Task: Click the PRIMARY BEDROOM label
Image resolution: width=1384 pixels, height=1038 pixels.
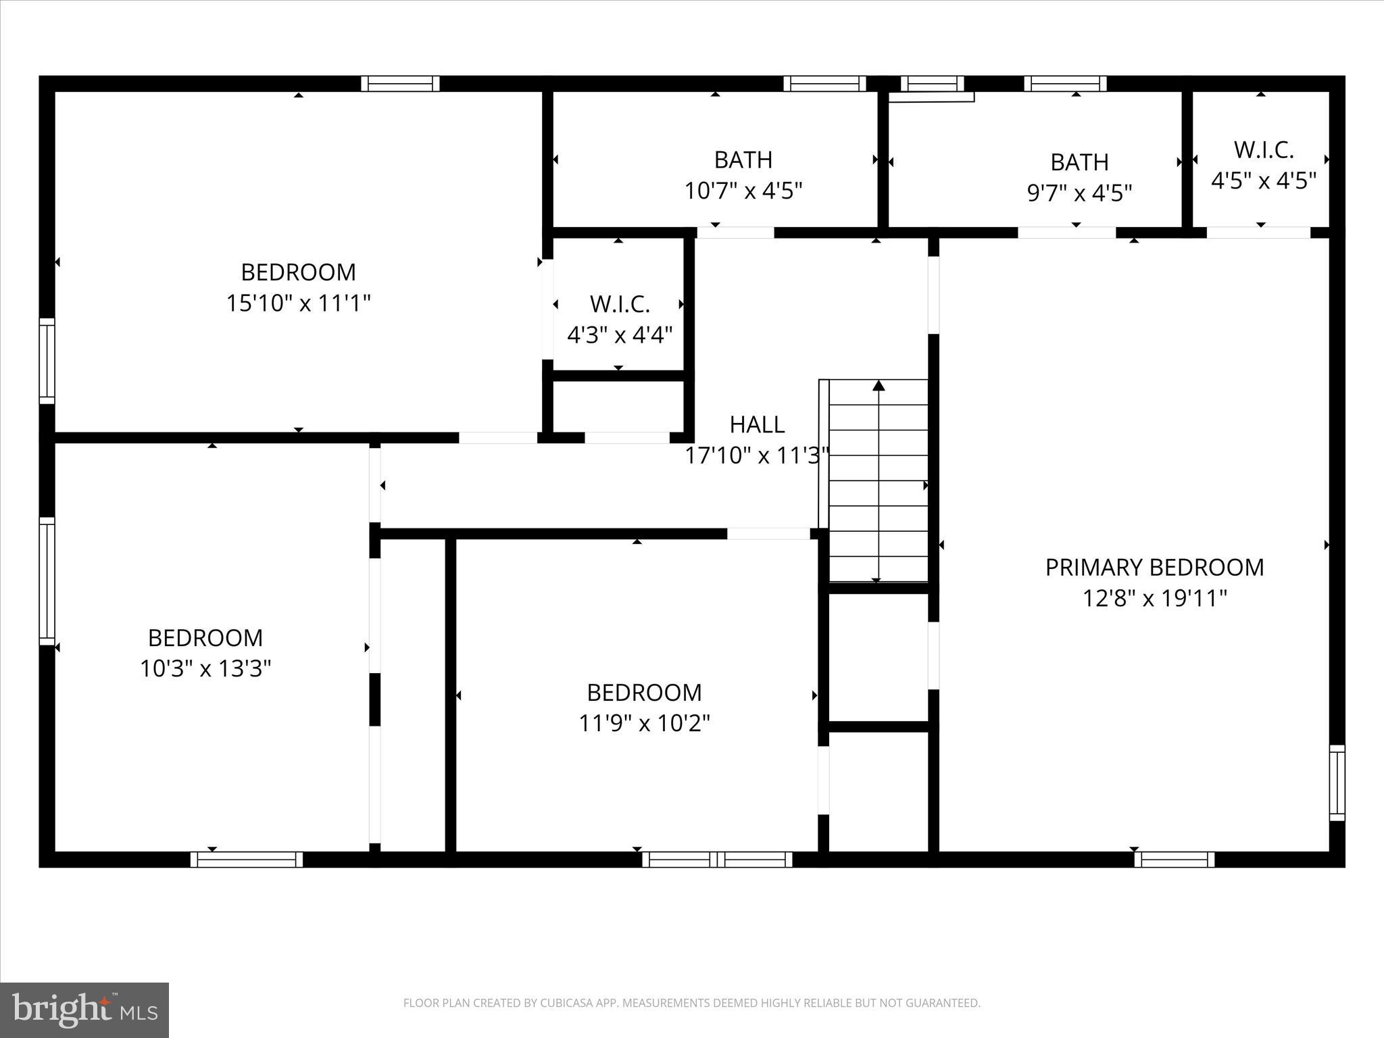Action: click(x=1154, y=567)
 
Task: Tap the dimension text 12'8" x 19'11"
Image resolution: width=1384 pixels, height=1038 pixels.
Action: click(x=1154, y=598)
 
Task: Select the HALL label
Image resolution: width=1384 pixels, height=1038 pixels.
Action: click(x=757, y=424)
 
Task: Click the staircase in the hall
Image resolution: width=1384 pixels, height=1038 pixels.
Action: click(x=879, y=481)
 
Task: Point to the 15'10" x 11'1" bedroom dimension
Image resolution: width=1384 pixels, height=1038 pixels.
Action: click(x=298, y=303)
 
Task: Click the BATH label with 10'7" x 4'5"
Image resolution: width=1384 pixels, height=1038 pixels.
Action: click(x=743, y=160)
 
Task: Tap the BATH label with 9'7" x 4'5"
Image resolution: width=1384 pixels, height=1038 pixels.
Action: click(x=1079, y=162)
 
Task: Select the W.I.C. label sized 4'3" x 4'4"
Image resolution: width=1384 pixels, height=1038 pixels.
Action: click(x=620, y=304)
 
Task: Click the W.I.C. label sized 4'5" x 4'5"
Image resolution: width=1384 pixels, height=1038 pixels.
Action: click(x=1263, y=150)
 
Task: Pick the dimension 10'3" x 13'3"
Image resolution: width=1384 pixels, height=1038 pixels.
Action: click(x=205, y=669)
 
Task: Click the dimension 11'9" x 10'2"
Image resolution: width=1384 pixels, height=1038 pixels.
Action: click(x=644, y=724)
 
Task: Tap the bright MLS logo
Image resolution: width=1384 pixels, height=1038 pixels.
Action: click(x=84, y=1010)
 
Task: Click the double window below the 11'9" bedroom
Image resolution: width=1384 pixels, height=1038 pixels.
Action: click(x=717, y=860)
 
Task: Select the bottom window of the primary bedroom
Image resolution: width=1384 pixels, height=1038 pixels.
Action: click(x=1174, y=860)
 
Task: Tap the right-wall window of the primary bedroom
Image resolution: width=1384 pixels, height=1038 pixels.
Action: click(x=1337, y=783)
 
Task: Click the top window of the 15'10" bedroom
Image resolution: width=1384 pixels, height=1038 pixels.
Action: click(x=400, y=84)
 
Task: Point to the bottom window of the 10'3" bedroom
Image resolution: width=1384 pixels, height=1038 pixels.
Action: click(x=247, y=860)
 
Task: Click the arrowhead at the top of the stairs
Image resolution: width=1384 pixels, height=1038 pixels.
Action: click(x=879, y=386)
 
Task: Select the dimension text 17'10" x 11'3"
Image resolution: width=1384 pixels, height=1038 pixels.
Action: click(x=757, y=455)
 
